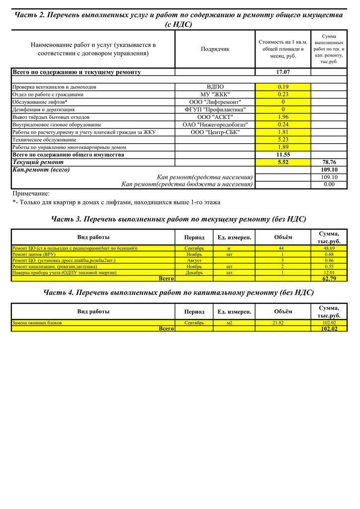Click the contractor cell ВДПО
215,87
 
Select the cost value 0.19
283,87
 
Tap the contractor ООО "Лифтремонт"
215,102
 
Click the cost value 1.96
283,117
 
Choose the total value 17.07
283,72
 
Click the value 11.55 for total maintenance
283,155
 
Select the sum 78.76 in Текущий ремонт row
329,162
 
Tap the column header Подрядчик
215,49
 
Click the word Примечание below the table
31,193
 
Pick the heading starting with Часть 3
179,219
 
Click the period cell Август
194,260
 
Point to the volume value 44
281,248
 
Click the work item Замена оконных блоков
37,323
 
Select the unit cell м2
229,323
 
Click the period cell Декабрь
194,272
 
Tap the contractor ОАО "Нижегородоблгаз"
215,124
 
